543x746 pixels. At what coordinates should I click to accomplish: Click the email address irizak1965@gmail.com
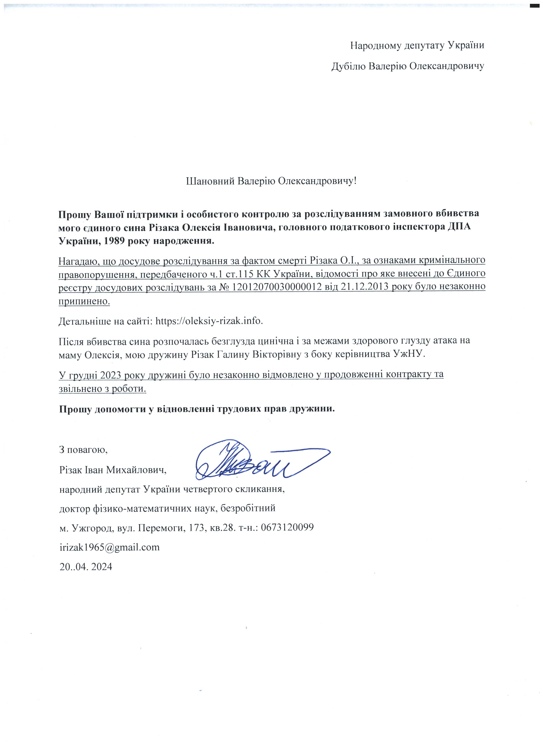click(x=109, y=547)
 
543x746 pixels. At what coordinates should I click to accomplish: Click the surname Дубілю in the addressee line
click(x=348, y=66)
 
